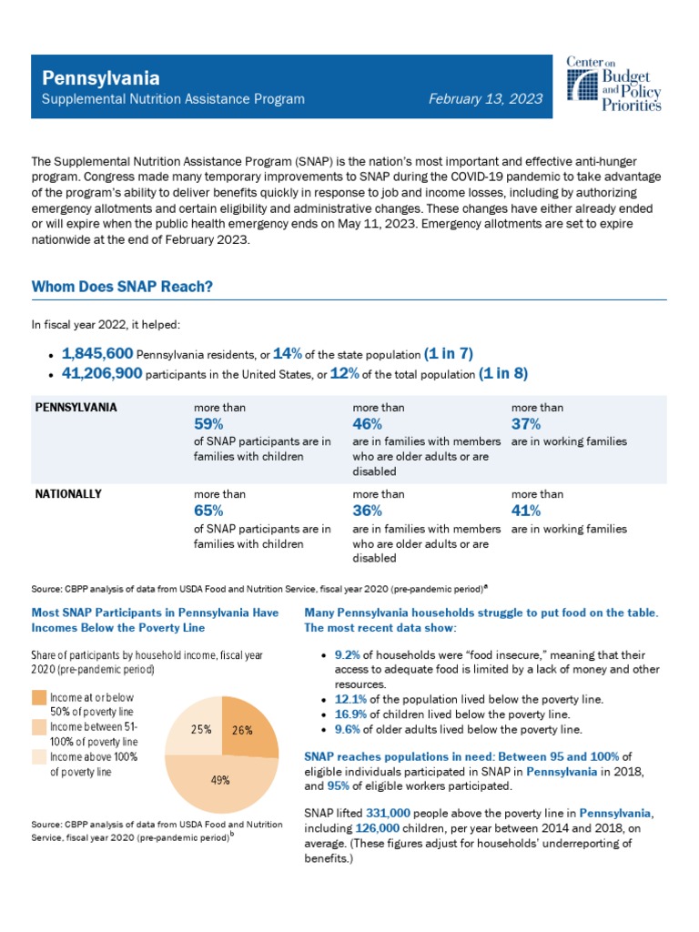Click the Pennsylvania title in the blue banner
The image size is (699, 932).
[96, 78]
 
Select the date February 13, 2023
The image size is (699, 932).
[486, 99]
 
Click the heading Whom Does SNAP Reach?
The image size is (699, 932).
[122, 287]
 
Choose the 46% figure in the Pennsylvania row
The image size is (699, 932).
[367, 423]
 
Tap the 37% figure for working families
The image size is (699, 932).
[526, 423]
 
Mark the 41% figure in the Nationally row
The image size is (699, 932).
[526, 511]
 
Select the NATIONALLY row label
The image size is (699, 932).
[67, 494]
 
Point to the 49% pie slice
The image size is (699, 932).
[221, 780]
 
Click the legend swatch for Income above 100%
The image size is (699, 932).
[39, 756]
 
